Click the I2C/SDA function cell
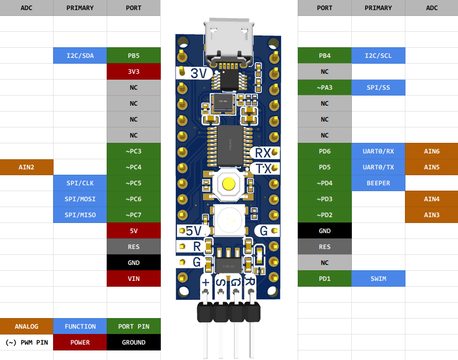click(x=80, y=56)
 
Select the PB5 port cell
click(x=134, y=56)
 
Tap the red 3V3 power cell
click(x=134, y=72)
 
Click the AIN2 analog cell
click(x=27, y=167)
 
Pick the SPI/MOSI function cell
click(x=80, y=199)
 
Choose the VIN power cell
click(x=134, y=279)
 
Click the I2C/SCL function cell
click(x=378, y=56)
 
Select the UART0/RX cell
click(x=378, y=151)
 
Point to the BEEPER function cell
click(x=378, y=183)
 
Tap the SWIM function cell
click(x=378, y=279)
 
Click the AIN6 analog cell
click(x=431, y=151)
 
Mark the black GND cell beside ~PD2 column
click(x=324, y=231)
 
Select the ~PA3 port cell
click(x=324, y=88)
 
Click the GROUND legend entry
click(x=134, y=342)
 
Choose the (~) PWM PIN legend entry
click(x=27, y=342)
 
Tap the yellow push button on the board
click(x=229, y=184)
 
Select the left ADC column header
click(x=27, y=8)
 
